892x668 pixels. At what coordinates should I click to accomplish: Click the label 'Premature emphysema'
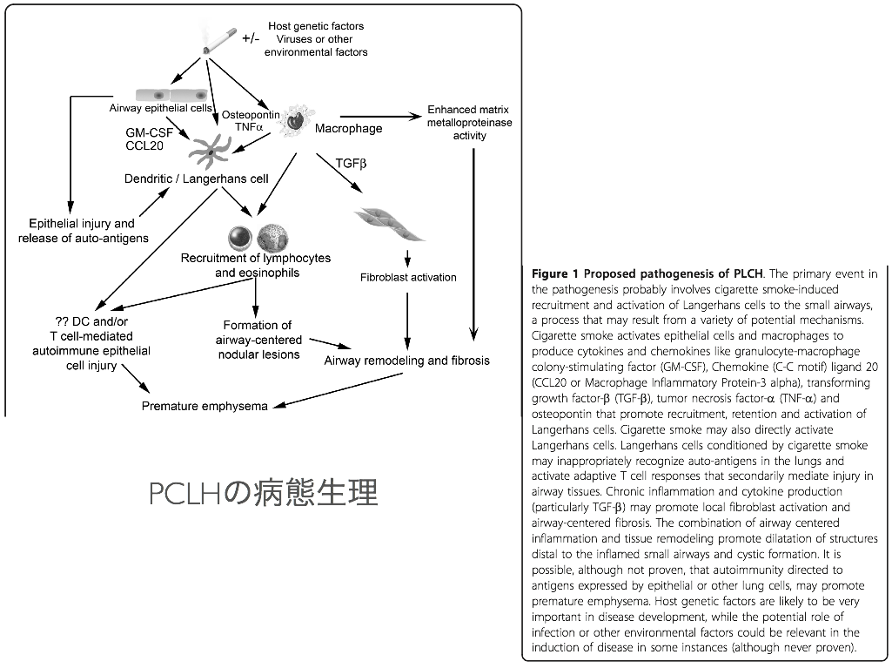205,407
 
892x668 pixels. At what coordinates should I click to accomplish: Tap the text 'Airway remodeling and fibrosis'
406,361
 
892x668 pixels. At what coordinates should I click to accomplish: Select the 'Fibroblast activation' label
408,278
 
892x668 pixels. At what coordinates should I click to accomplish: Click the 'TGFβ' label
351,163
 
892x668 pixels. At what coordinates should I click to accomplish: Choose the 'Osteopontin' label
250,114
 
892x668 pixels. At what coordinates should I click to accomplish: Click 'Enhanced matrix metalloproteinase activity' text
470,123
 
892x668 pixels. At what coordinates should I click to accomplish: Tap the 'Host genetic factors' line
316,26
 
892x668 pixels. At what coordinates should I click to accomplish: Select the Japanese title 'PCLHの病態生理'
264,493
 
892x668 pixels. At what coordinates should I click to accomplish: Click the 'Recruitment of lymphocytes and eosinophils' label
256,266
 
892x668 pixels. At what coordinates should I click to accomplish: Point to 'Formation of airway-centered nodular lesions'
258,340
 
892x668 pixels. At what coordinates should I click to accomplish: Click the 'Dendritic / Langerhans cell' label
196,179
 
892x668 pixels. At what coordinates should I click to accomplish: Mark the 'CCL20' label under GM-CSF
144,145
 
